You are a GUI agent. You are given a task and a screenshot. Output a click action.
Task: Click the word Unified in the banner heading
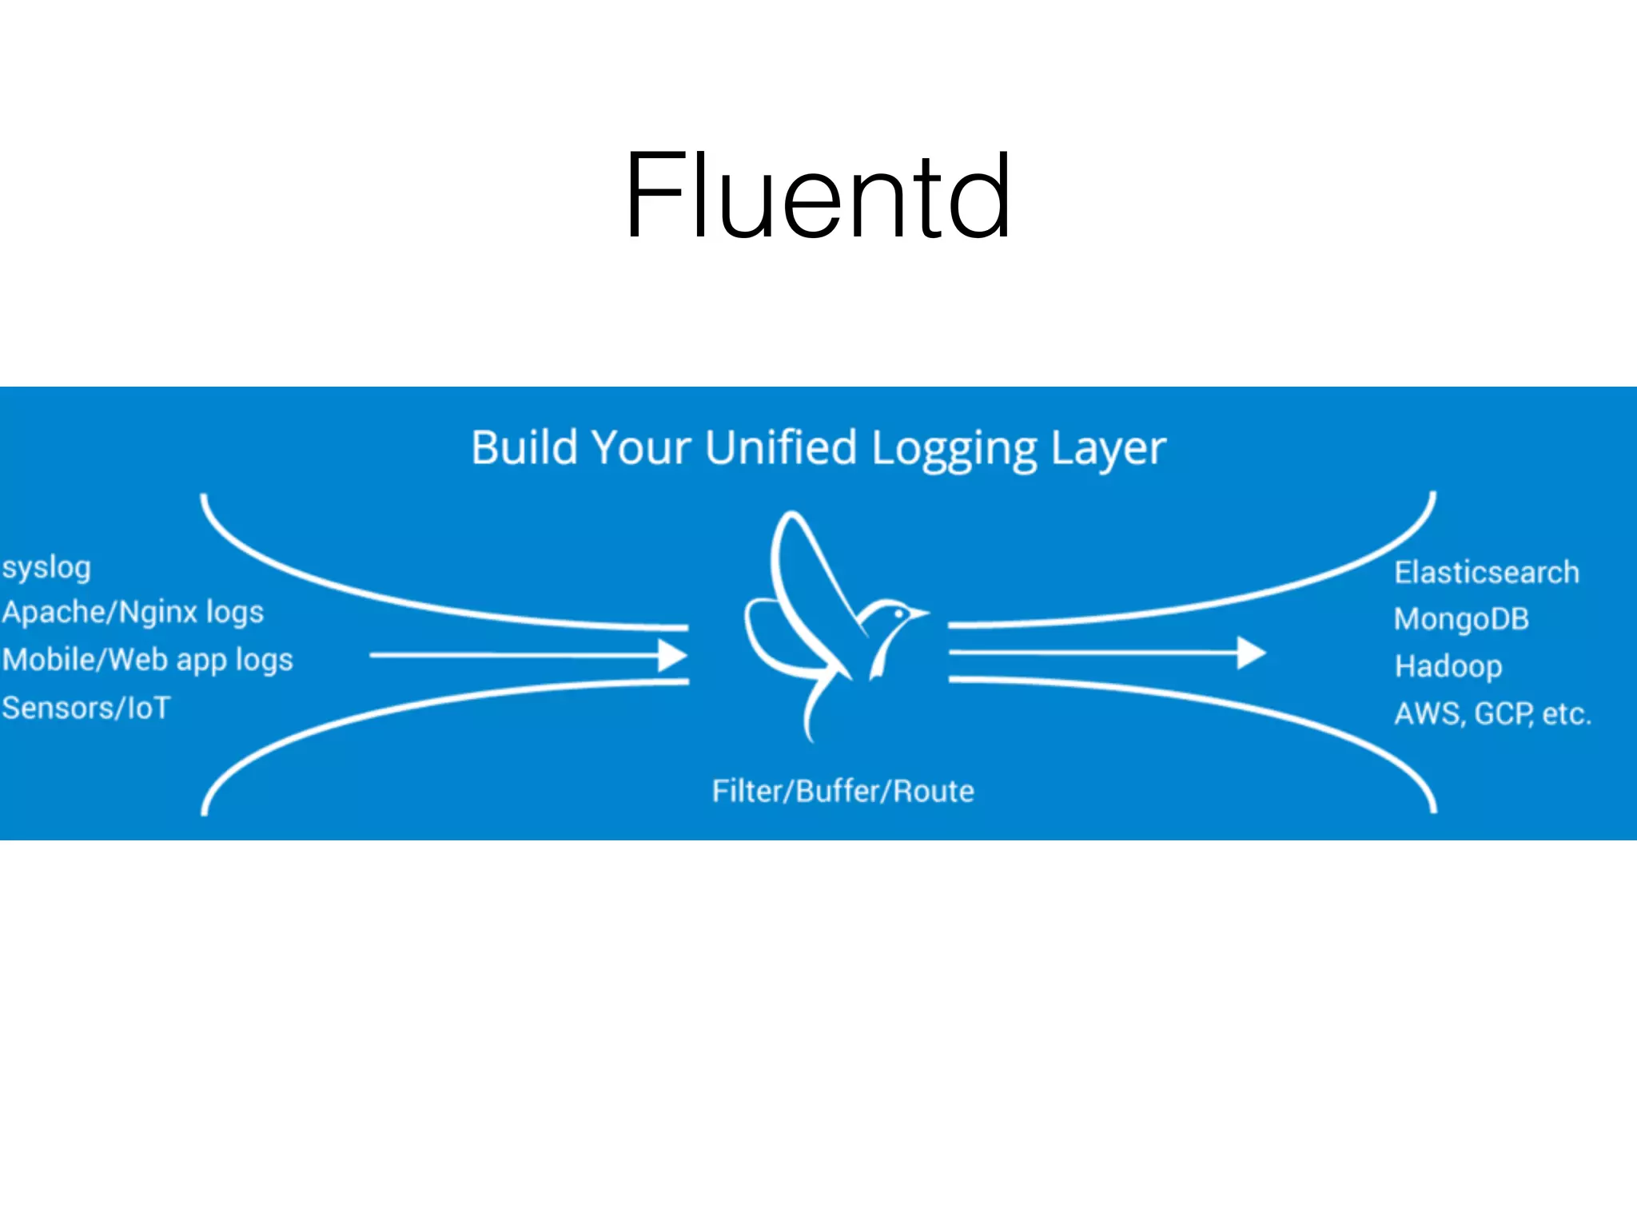pos(781,447)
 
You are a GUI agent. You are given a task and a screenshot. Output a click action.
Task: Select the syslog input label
pos(46,568)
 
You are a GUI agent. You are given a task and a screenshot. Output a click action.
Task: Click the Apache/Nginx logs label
pos(133,613)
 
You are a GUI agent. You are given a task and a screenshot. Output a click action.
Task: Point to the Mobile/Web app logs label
pos(148,661)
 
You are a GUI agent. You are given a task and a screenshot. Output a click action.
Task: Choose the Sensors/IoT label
pos(86,709)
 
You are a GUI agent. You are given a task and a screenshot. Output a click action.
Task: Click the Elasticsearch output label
pos(1487,573)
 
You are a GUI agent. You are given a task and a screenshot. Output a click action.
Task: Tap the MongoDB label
pos(1461,619)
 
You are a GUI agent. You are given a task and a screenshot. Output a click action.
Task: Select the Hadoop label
pos(1448,666)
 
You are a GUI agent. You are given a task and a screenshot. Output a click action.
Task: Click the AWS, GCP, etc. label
pos(1492,713)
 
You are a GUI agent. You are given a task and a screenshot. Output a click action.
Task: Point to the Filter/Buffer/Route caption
pos(843,791)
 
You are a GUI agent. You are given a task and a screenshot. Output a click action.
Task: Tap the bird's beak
pos(921,614)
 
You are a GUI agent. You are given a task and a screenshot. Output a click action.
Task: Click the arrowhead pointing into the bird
pos(673,655)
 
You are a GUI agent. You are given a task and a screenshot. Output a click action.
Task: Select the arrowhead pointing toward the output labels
pos(1251,653)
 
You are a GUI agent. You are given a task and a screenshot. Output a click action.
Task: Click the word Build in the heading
pos(524,447)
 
